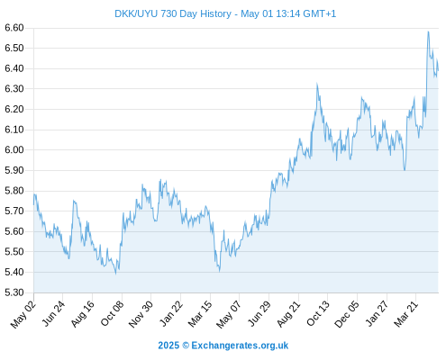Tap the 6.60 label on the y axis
tap(14, 28)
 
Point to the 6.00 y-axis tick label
tap(14, 149)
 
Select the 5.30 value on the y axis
tap(14, 292)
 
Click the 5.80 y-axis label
tap(14, 191)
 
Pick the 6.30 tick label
tap(14, 89)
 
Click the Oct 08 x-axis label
tap(112, 313)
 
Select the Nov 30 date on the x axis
tap(141, 314)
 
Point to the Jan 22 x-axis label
tap(170, 314)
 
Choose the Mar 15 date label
tap(200, 314)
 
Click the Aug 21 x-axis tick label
tap(288, 314)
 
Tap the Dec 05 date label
tap(346, 314)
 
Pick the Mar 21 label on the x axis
tap(405, 314)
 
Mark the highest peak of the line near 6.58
tap(428, 31)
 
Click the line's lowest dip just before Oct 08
tap(116, 274)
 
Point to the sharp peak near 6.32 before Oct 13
tap(317, 84)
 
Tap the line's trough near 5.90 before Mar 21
tap(405, 170)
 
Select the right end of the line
tap(438, 70)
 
